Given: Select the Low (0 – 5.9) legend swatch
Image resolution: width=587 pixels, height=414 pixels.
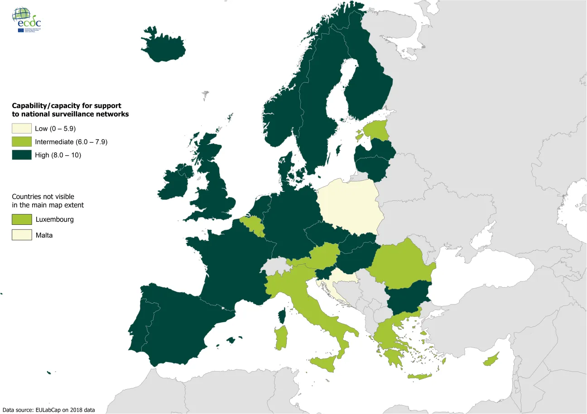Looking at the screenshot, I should (22, 128).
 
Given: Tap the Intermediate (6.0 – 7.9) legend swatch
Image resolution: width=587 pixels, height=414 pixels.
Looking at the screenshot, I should (22, 142).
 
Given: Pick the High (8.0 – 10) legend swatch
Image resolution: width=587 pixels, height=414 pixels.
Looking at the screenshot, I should (22, 155).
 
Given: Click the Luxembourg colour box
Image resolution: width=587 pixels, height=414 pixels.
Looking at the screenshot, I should (22, 219).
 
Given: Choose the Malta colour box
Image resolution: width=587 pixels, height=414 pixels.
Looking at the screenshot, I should (22, 235).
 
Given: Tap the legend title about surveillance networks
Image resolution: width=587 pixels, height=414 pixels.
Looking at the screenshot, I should (70, 110).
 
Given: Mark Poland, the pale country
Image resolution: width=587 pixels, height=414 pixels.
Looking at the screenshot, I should (349, 206).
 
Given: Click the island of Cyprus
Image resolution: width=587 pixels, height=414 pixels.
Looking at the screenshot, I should (491, 360).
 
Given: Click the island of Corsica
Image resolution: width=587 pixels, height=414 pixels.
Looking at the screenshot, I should (282, 315).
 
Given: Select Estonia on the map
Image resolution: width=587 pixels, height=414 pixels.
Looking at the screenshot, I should (377, 131).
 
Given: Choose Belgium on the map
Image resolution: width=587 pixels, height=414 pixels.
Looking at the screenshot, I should (252, 226).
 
